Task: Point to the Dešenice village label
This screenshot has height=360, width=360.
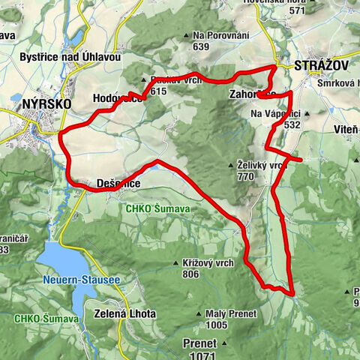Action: click(x=118, y=182)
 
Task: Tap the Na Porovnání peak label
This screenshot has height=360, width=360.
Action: click(x=222, y=35)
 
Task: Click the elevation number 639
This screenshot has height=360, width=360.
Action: click(x=200, y=46)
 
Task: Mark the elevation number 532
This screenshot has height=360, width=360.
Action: click(x=292, y=124)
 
